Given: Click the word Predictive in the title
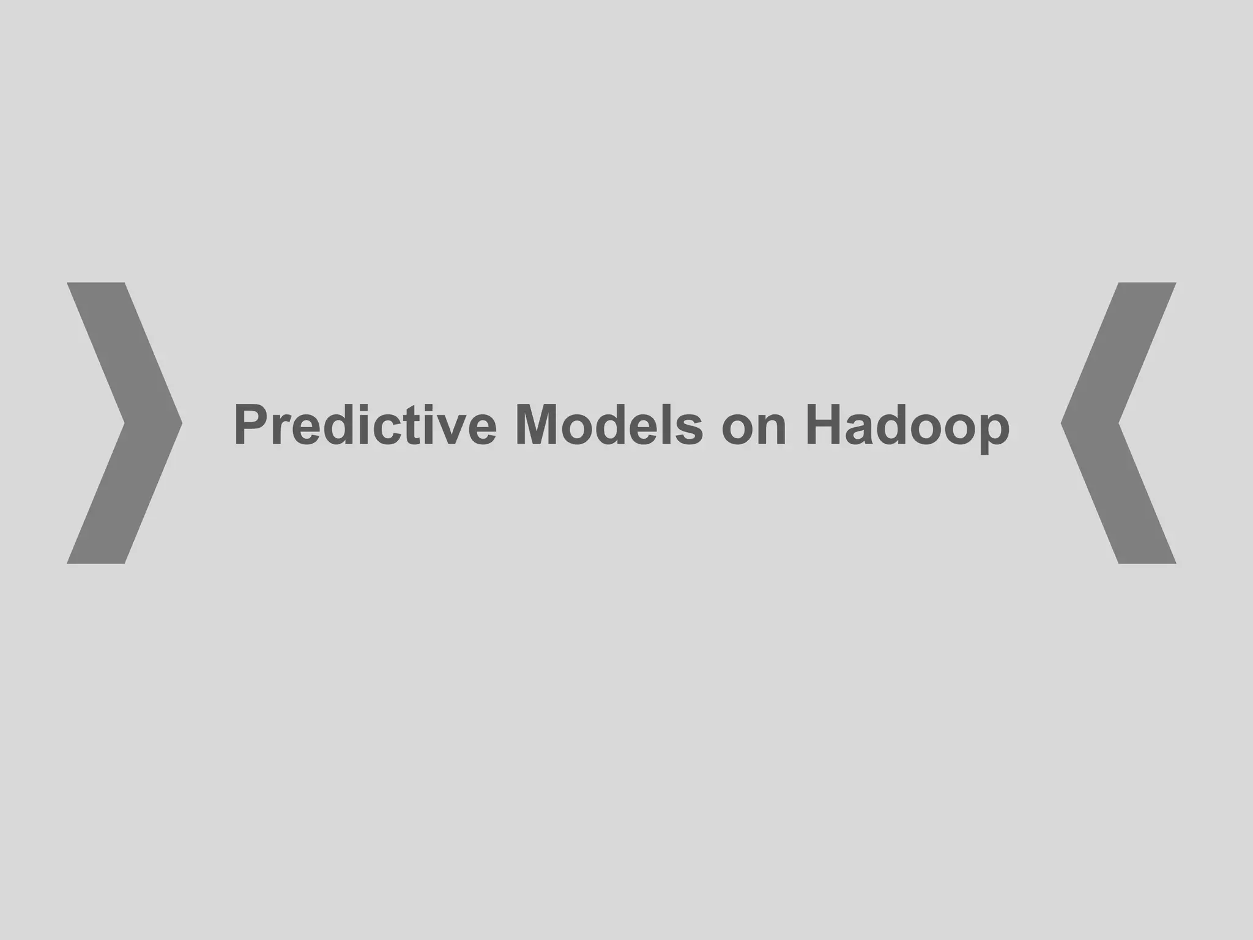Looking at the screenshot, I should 365,425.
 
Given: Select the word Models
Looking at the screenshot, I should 609,425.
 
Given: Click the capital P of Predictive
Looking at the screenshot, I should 251,425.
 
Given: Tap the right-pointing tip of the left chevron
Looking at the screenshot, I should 180,423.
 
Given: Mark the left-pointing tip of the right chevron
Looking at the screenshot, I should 1063,423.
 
